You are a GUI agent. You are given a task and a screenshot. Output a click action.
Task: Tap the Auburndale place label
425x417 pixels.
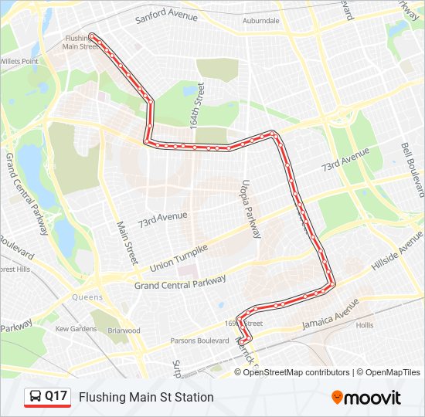point(260,21)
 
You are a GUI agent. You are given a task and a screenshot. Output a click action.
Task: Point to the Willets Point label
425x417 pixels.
point(19,61)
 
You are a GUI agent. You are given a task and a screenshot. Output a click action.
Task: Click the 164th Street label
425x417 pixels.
point(197,105)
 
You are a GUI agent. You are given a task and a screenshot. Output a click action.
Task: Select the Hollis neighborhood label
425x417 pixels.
point(365,326)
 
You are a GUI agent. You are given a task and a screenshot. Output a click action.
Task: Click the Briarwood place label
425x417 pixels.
point(124,331)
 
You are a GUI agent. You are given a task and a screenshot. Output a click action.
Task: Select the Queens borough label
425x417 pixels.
point(87,297)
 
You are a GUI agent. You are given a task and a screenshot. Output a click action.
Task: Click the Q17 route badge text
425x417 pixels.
point(56,397)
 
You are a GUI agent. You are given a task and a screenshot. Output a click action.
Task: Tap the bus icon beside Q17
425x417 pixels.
point(36,397)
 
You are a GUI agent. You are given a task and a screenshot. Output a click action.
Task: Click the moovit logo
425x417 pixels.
point(366,398)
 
